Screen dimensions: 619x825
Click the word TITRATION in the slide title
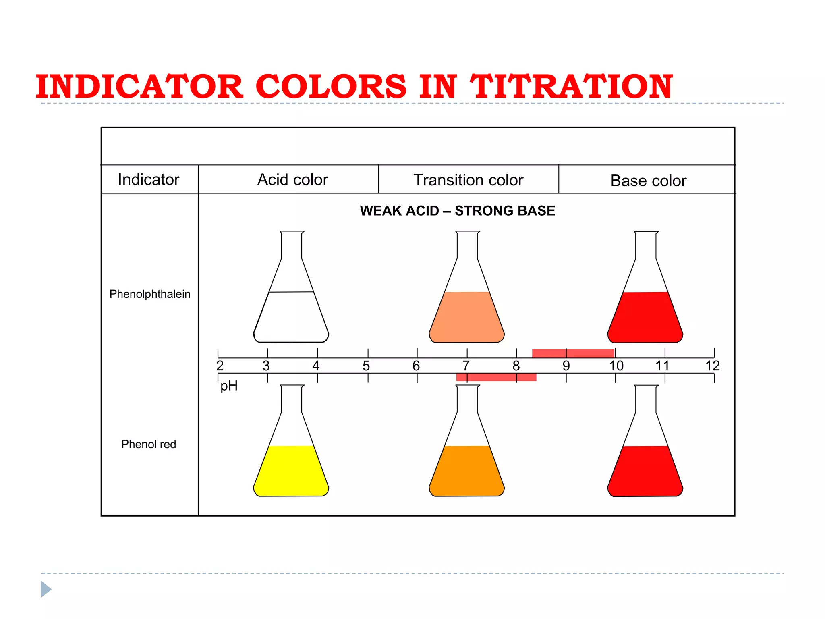pos(571,87)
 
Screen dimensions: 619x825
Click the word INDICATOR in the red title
pos(139,87)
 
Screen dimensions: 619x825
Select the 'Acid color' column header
pos(292,180)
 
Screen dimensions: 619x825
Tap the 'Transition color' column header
pos(468,180)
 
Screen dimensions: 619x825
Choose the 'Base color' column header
pos(648,181)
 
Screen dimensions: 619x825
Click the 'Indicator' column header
pos(148,179)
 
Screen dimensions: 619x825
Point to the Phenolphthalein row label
pos(150,294)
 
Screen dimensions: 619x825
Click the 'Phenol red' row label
pos(149,444)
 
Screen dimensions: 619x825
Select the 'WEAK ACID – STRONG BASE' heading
pos(457,211)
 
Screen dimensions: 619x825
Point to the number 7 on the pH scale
pos(466,366)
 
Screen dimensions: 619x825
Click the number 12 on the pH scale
pos(712,366)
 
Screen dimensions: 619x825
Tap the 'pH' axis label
pos(229,386)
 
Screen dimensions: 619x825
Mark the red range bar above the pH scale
pos(573,353)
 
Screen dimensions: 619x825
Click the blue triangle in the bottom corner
pos(46,589)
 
